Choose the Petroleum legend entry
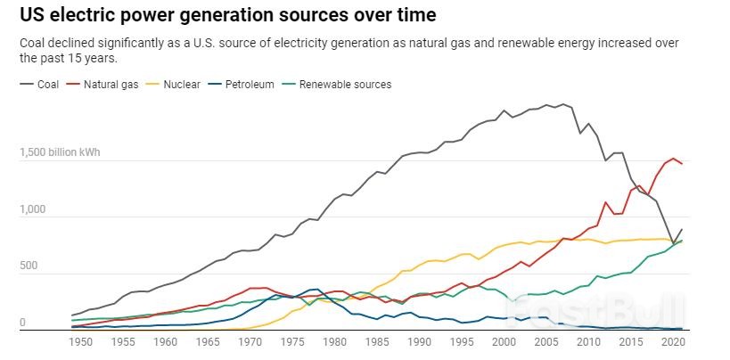[x=249, y=85]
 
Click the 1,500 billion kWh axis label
[x=60, y=152]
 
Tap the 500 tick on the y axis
[x=29, y=266]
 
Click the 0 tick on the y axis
[x=22, y=323]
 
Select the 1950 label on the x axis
[x=81, y=341]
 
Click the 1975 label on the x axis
[x=292, y=341]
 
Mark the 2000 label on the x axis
[x=504, y=341]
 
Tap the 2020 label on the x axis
[x=674, y=341]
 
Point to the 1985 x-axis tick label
[x=377, y=341]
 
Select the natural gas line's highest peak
[x=675, y=158]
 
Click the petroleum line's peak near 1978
[x=316, y=289]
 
